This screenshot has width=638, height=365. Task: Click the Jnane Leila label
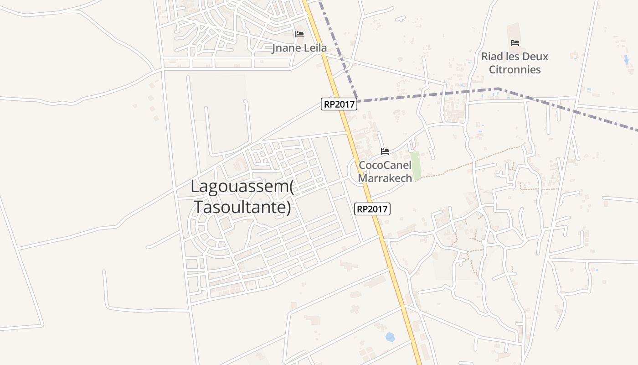[x=299, y=48]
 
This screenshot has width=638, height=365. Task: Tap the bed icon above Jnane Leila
[x=299, y=34]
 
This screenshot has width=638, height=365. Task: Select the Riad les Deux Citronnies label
[x=515, y=63]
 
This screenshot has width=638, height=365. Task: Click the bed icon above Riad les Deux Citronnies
[x=515, y=43]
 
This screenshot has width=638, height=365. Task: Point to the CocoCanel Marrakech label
[x=385, y=171]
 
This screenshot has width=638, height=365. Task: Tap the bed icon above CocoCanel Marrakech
[x=385, y=151]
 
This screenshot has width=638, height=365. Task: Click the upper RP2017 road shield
[x=339, y=104]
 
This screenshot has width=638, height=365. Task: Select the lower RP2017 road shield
[x=372, y=209]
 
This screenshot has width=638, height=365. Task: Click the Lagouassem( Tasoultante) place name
[x=242, y=197]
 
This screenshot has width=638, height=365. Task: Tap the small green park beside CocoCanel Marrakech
[x=415, y=165]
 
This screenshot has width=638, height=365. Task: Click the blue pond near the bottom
[x=390, y=337]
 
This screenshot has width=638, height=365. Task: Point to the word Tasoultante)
[x=242, y=207]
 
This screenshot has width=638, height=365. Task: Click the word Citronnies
[x=515, y=69]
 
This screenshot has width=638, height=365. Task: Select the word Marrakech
[x=385, y=178]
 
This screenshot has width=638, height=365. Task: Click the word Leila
[x=314, y=48]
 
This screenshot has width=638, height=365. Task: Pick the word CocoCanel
[x=385, y=165]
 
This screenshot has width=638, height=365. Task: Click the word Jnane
[x=284, y=48]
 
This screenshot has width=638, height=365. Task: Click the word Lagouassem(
[x=242, y=186]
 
